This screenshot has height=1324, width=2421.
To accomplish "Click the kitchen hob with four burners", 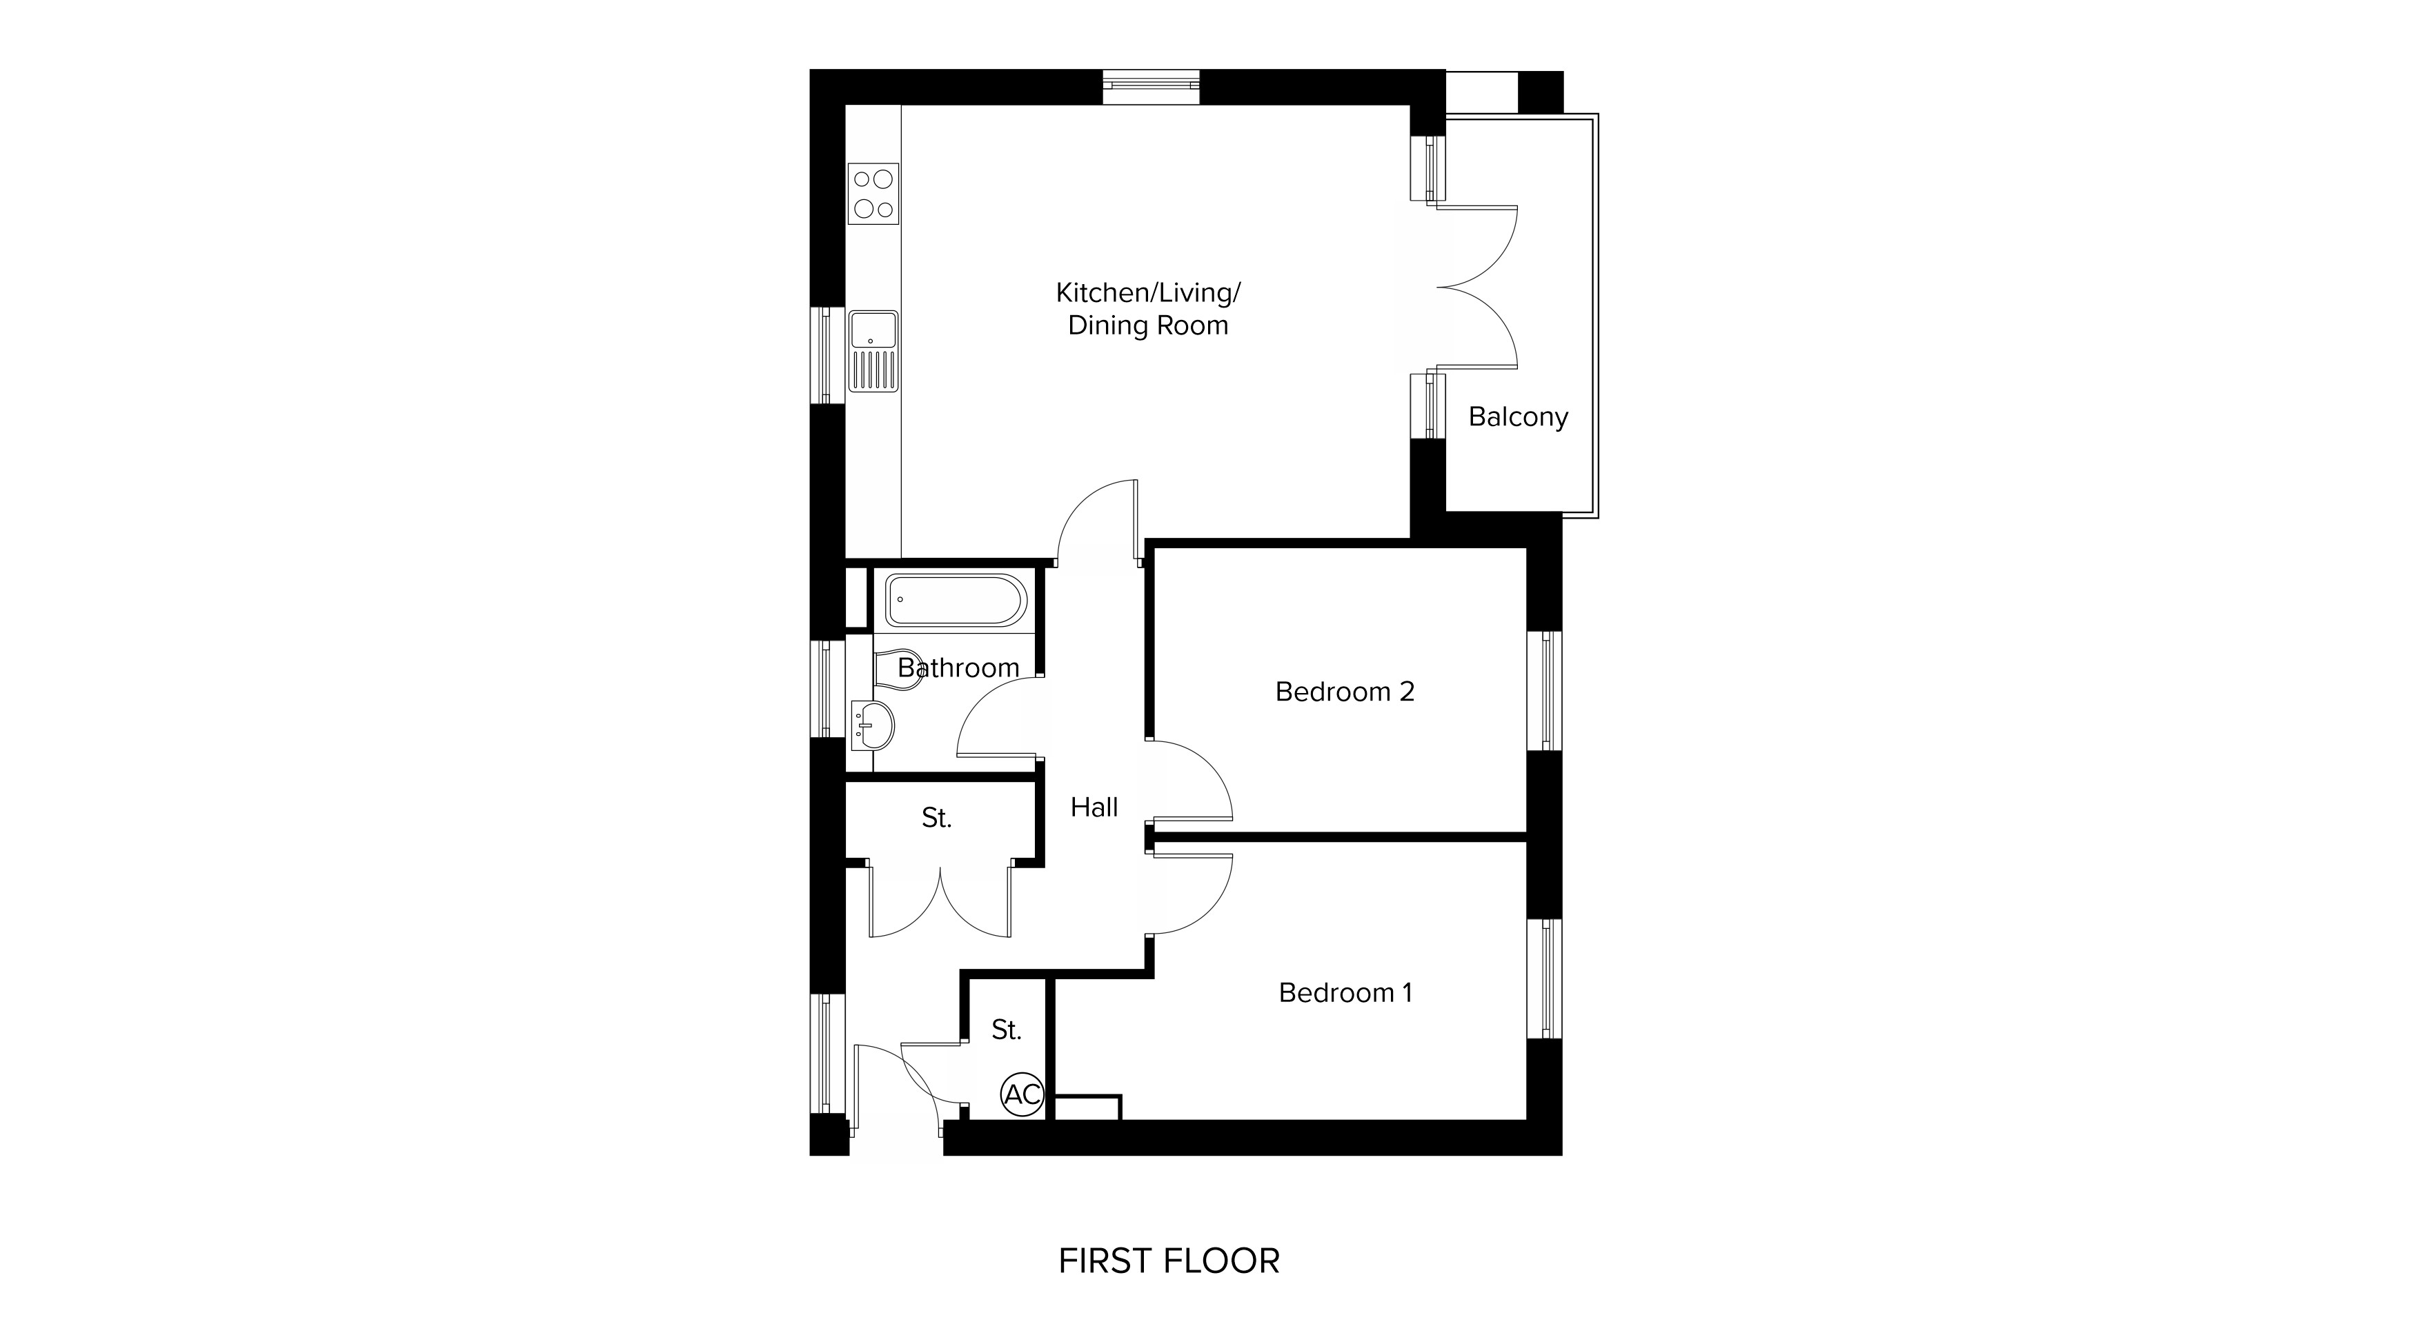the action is (873, 194).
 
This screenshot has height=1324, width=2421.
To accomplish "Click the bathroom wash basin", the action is (872, 725).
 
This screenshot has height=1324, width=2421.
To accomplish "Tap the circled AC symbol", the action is (1022, 1094).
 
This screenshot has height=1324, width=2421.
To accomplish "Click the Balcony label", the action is (1518, 417).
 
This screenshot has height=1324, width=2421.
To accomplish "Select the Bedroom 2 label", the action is (1344, 692).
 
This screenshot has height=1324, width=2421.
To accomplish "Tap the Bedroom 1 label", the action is (1345, 992).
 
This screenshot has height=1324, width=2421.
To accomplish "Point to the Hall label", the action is (1094, 808).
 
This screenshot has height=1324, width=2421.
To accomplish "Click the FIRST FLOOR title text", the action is (1169, 1261).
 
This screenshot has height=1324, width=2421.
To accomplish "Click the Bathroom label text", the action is (958, 668).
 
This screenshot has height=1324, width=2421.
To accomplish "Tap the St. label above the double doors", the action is (936, 819).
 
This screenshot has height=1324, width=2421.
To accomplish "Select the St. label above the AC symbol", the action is (1006, 1030).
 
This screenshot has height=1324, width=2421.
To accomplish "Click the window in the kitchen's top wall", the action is (1152, 86).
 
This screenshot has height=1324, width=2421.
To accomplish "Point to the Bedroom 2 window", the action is (1544, 691).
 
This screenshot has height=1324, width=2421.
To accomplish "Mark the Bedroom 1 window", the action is (1544, 979).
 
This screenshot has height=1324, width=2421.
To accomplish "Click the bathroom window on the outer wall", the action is (828, 689).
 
